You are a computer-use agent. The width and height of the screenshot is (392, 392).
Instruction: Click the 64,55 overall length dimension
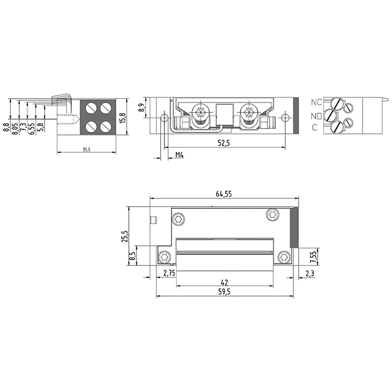click(x=224, y=194)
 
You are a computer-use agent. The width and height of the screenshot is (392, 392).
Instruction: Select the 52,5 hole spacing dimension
click(x=224, y=143)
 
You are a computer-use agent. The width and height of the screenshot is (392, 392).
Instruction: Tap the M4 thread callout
click(x=179, y=155)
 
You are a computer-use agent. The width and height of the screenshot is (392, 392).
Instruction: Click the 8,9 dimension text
click(x=142, y=108)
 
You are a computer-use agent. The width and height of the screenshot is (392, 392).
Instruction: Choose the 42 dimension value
click(x=224, y=283)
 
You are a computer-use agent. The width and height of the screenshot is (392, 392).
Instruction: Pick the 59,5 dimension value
click(x=224, y=292)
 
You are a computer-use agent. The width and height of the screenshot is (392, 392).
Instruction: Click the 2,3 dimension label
click(x=310, y=274)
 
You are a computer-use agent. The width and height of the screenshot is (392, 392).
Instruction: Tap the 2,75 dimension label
click(x=169, y=273)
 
